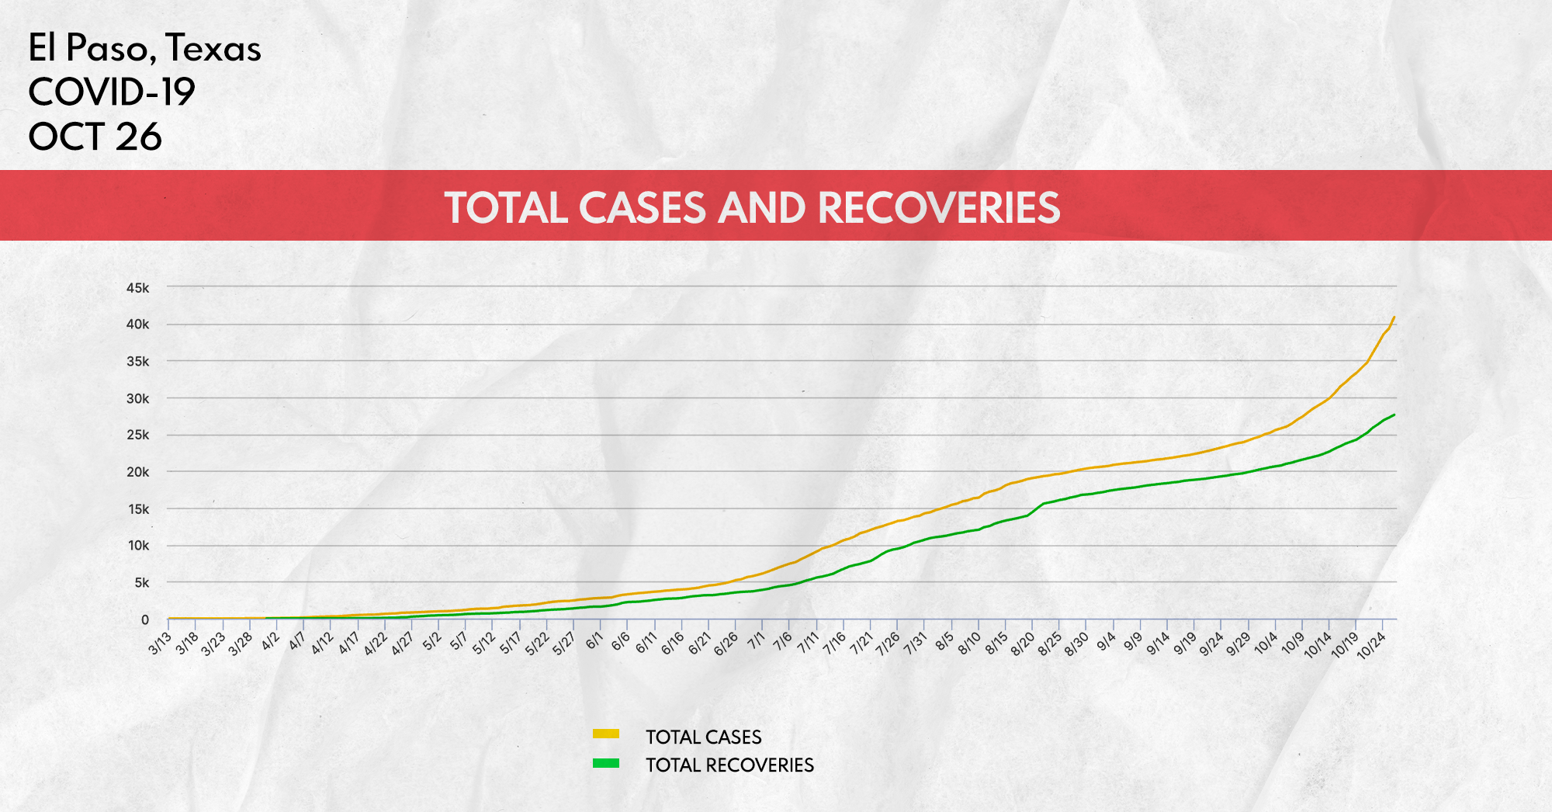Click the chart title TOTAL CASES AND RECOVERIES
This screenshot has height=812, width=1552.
(x=752, y=208)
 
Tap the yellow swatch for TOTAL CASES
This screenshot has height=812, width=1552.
(x=606, y=734)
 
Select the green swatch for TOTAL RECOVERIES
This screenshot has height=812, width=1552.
(x=606, y=763)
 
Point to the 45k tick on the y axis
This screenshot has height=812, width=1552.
(x=137, y=288)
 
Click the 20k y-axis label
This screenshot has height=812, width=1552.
(x=137, y=472)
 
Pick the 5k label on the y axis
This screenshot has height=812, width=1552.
(x=140, y=583)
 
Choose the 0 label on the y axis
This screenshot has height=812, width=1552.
(x=145, y=619)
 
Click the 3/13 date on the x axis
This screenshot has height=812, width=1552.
(x=160, y=644)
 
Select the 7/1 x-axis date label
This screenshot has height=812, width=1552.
(x=756, y=641)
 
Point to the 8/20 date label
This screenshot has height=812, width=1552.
(x=1023, y=644)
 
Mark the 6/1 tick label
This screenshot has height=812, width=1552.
(x=594, y=641)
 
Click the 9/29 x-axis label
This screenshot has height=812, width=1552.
(x=1238, y=644)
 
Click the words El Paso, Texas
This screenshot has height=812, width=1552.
(x=144, y=48)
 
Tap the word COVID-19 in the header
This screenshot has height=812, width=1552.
(x=112, y=92)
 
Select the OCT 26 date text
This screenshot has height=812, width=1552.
(x=95, y=137)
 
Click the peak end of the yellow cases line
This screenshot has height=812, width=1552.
(x=1394, y=317)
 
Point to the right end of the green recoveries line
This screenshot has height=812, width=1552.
(x=1394, y=415)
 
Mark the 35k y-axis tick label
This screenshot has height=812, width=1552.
(x=137, y=362)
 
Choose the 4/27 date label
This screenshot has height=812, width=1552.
(x=402, y=644)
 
